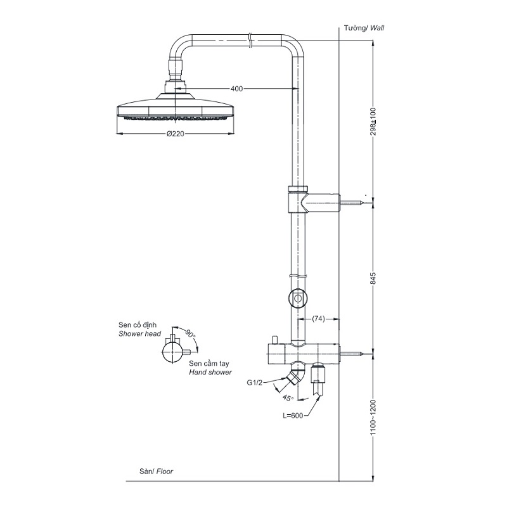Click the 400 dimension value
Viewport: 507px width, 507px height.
(236, 89)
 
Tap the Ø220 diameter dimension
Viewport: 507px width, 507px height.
(176, 134)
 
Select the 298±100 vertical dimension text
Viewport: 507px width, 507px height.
(373, 121)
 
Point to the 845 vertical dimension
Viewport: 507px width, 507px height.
(373, 278)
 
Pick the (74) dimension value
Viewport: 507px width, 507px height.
(318, 319)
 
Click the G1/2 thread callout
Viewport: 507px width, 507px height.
(255, 383)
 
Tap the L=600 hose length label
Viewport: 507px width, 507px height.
(293, 416)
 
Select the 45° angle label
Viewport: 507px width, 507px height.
(288, 397)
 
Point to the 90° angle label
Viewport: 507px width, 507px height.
(190, 333)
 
